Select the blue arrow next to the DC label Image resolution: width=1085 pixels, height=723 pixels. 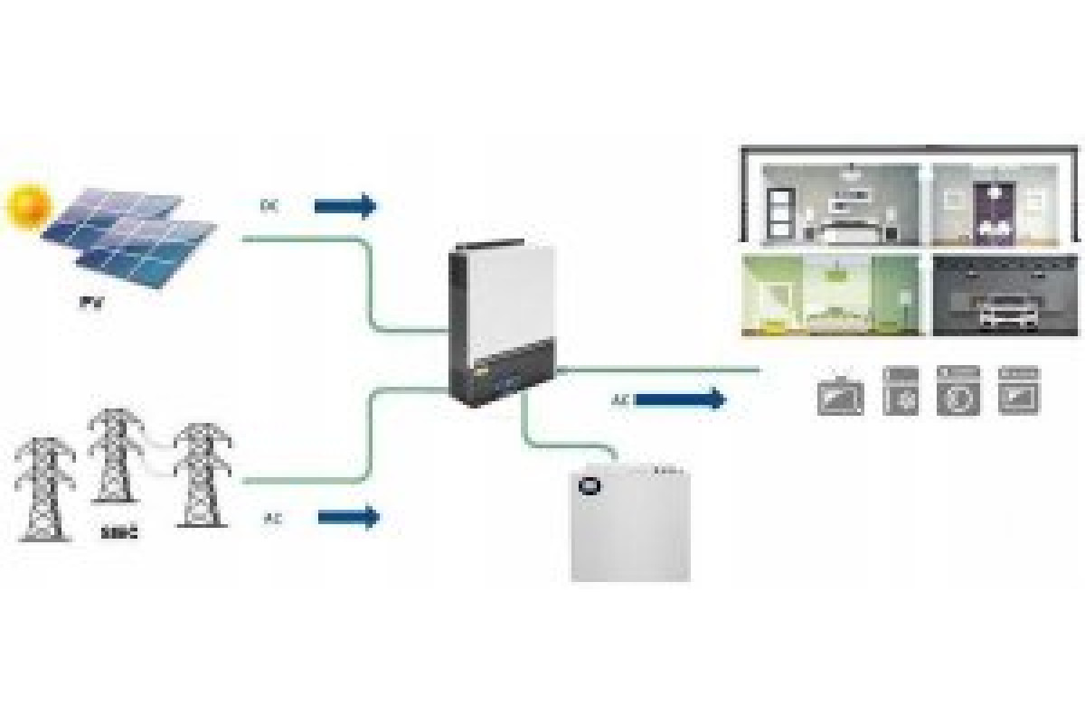(344, 206)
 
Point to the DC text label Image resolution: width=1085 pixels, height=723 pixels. (269, 206)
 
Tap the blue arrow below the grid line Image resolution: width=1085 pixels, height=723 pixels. (348, 517)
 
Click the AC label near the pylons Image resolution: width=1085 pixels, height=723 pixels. (272, 519)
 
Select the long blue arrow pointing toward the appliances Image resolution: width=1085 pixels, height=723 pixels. (681, 399)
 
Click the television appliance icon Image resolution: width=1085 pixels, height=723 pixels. (840, 397)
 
